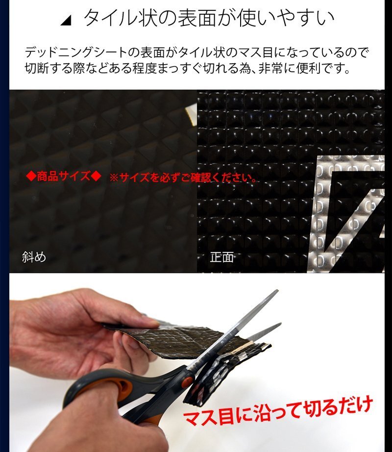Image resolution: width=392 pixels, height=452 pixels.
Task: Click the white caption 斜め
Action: click(x=34, y=257)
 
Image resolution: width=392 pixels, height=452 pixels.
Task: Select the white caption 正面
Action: click(x=221, y=257)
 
